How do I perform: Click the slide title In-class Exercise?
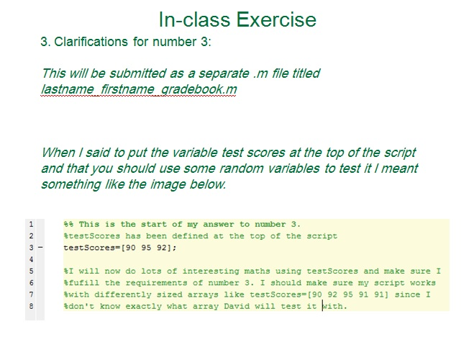pyautogui.click(x=237, y=19)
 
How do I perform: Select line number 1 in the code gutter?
pyautogui.click(x=31, y=224)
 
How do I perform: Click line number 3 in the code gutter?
pyautogui.click(x=31, y=247)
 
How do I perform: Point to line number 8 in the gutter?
pyautogui.click(x=31, y=306)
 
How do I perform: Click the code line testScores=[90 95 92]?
pyautogui.click(x=120, y=247)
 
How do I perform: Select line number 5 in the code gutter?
pyautogui.click(x=31, y=271)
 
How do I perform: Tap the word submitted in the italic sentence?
pyautogui.click(x=123, y=73)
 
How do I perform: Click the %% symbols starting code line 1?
pyautogui.click(x=69, y=224)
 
